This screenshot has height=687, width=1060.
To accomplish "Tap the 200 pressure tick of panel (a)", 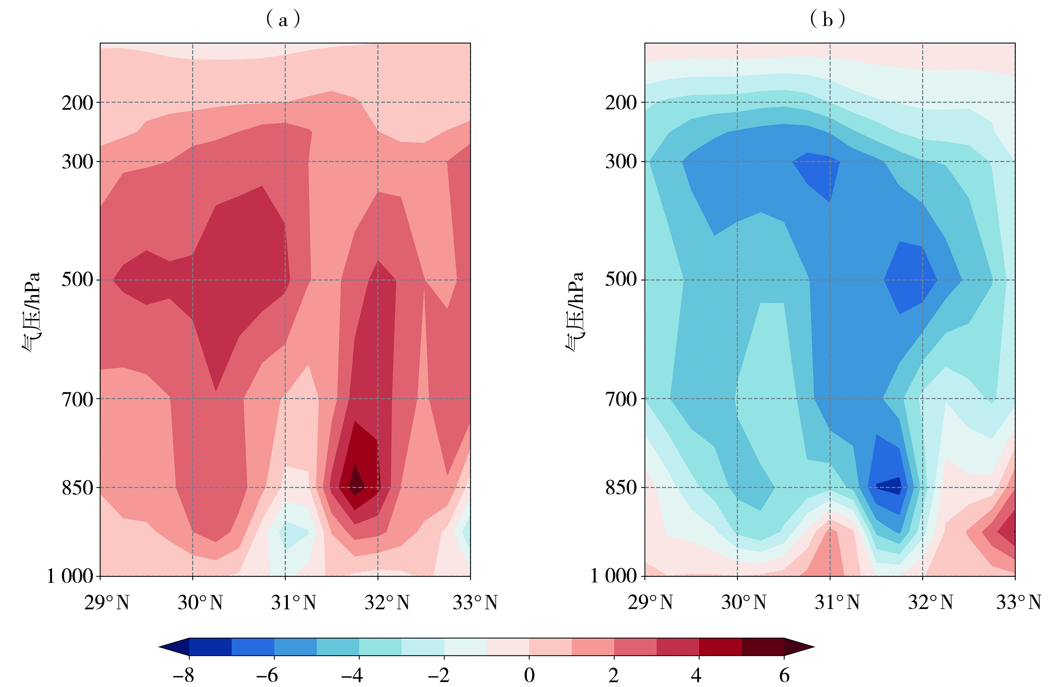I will click(77, 103).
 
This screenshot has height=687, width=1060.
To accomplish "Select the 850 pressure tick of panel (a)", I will click(77, 488).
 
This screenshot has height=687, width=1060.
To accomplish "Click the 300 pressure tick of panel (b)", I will click(621, 162).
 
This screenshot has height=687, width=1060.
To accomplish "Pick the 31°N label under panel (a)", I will click(294, 603).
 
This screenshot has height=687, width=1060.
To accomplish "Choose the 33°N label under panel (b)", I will click(1019, 603).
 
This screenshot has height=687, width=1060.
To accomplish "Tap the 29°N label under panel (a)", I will click(106, 603).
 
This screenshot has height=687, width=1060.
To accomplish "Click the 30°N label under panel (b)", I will click(744, 603).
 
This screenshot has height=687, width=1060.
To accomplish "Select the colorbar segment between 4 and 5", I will click(720, 647).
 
